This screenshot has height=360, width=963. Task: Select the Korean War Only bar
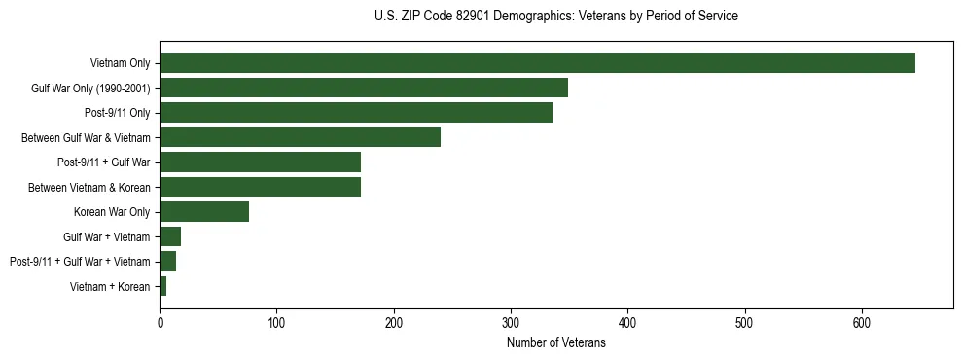204,212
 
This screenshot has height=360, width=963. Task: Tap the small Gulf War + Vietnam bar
170,236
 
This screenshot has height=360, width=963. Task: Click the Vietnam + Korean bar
163,286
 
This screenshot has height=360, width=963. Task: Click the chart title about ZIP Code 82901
555,17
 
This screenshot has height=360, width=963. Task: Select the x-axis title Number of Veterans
555,343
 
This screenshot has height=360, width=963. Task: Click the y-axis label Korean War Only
112,212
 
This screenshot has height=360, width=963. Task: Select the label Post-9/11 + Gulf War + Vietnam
80,262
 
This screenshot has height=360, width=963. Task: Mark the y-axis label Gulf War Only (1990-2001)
90,89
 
